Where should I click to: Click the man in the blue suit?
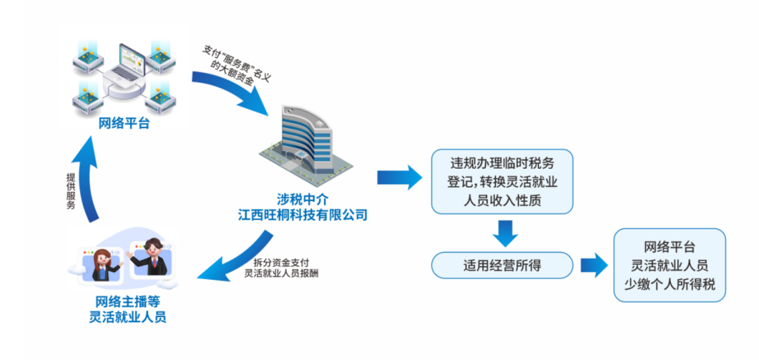(151, 255)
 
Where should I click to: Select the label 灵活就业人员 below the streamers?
(127, 317)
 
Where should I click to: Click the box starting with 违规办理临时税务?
(502, 181)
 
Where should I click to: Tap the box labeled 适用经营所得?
(502, 265)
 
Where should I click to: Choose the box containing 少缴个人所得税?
(669, 265)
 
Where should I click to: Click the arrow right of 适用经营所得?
(592, 266)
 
